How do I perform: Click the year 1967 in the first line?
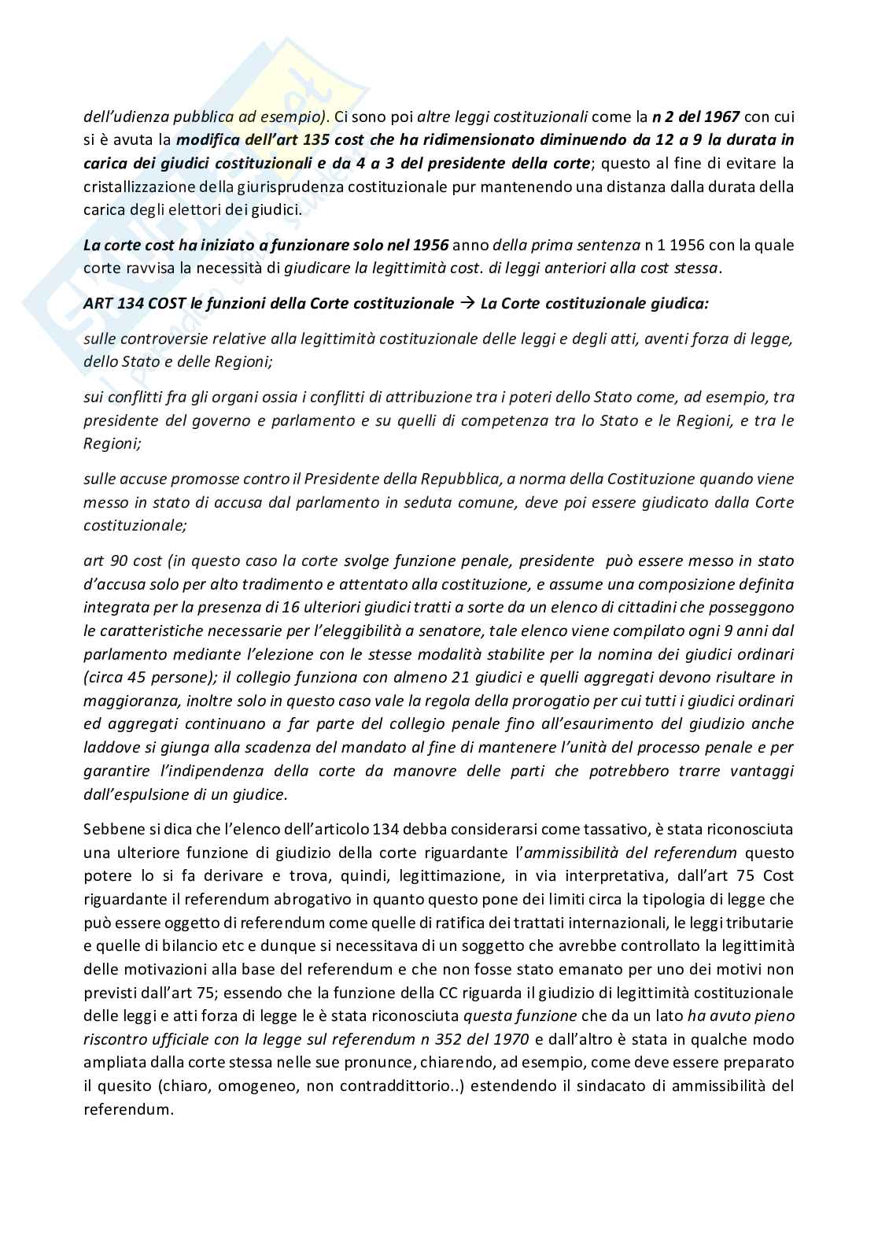(x=722, y=117)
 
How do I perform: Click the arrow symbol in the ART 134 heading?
(x=467, y=303)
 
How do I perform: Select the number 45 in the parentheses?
(x=136, y=677)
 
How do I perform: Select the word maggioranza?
(x=127, y=700)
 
